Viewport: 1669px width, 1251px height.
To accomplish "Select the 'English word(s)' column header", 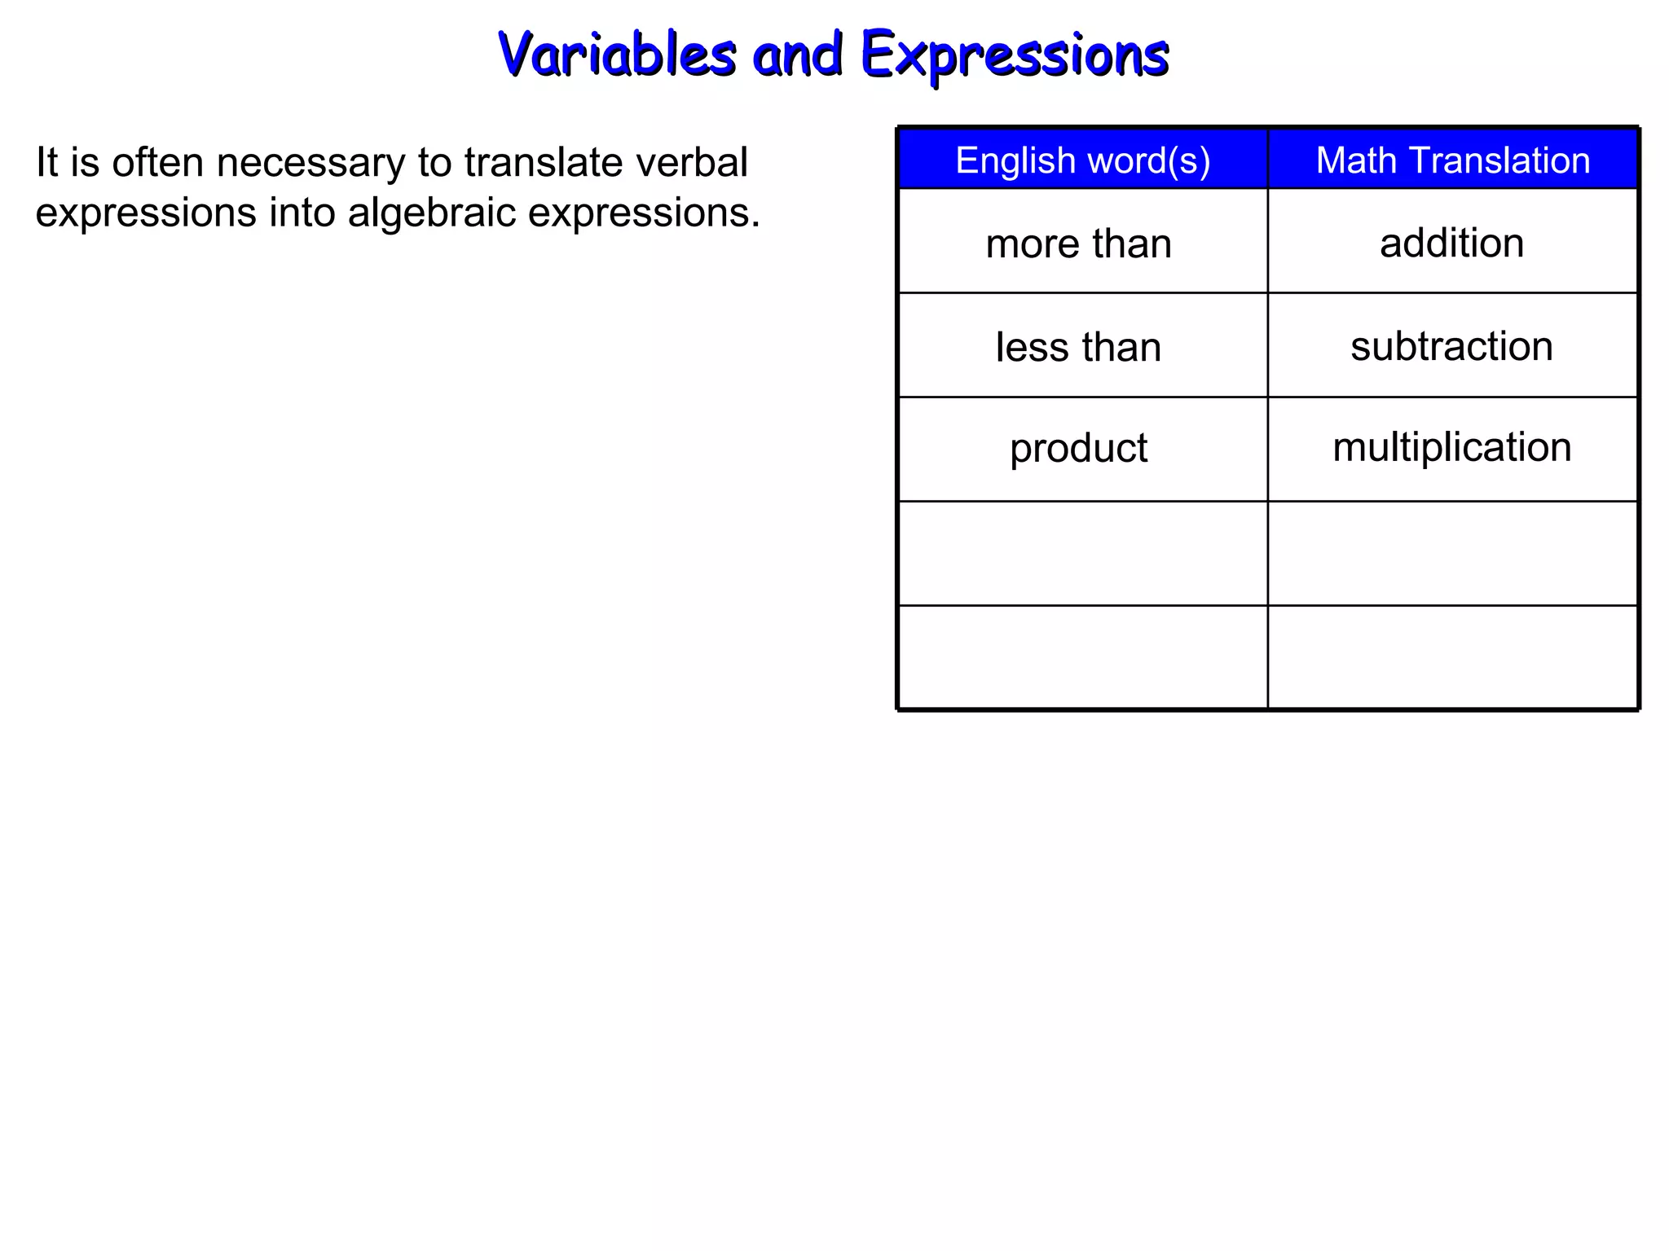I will (x=1082, y=160).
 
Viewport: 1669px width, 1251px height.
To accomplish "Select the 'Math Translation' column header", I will (x=1452, y=160).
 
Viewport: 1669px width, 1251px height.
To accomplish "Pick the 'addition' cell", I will (x=1451, y=243).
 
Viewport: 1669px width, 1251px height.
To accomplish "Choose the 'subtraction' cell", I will (x=1451, y=346).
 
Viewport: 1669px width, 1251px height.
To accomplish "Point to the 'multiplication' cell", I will (x=1451, y=447).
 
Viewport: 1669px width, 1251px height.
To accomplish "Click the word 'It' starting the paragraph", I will (x=46, y=162).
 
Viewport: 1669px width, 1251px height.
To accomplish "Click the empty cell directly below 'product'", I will (x=1082, y=553).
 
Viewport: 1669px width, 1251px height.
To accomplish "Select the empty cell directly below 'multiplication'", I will (x=1452, y=553).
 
